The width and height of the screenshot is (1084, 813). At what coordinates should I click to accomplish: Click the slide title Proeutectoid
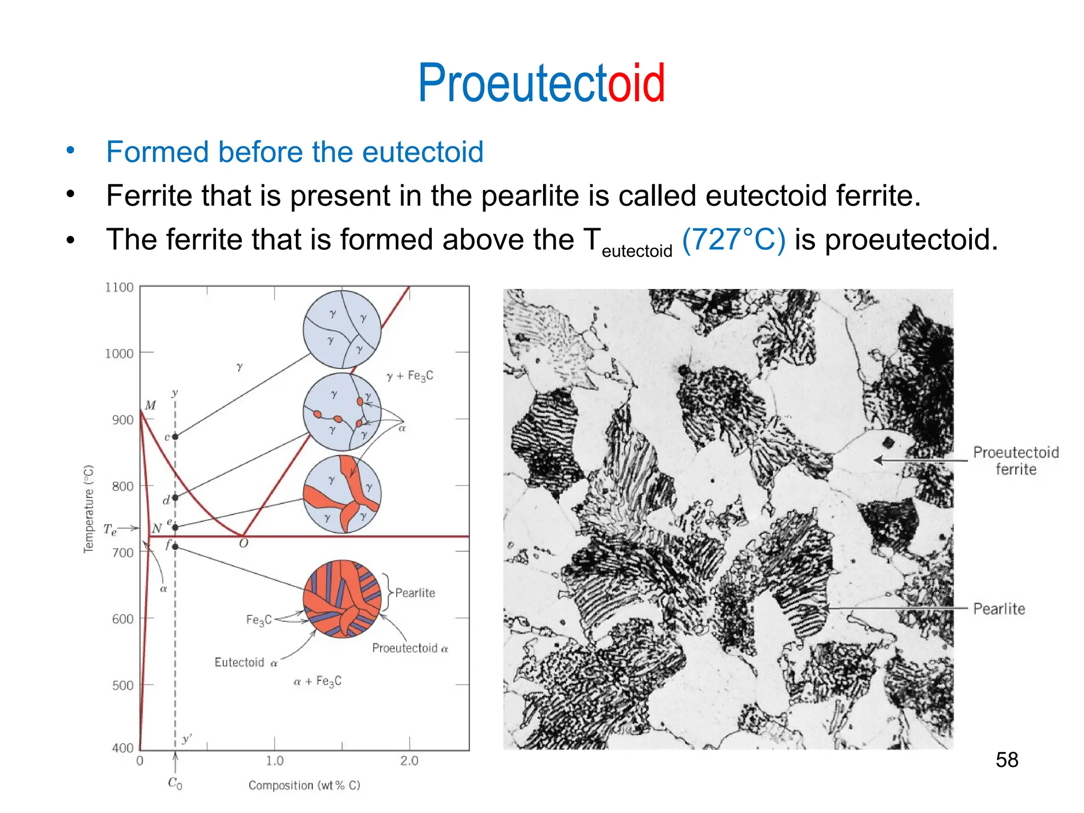(x=541, y=84)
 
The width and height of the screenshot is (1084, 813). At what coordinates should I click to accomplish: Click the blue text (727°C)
(x=733, y=239)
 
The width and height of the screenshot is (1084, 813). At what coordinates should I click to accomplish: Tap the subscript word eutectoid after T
(x=637, y=251)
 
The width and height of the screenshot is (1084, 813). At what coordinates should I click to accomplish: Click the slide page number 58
(x=1006, y=760)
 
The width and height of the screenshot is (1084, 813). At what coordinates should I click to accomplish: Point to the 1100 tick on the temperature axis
(x=119, y=287)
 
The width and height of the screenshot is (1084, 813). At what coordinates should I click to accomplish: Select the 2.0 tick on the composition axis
(x=409, y=761)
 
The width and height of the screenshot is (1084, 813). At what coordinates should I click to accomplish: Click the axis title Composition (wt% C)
(x=304, y=785)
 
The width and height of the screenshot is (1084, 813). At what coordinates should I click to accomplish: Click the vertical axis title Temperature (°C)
(x=88, y=509)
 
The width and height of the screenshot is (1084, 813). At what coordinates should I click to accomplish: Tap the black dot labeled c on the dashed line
(x=175, y=437)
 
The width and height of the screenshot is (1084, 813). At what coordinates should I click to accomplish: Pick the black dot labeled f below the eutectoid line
(x=175, y=547)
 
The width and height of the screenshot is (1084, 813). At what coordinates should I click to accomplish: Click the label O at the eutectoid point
(x=243, y=544)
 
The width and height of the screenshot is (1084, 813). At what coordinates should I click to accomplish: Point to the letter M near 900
(x=150, y=405)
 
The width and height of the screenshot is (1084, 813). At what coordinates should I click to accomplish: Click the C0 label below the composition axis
(x=175, y=783)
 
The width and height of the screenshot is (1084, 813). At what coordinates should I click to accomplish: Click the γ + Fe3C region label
(x=410, y=376)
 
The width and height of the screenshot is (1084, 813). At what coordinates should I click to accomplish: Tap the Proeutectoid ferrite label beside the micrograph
(x=1015, y=460)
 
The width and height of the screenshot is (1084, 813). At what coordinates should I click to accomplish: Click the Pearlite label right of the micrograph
(x=999, y=609)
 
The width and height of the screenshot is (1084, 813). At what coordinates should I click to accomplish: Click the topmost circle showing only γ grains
(x=342, y=329)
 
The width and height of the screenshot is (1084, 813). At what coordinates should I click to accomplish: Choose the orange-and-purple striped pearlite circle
(x=342, y=599)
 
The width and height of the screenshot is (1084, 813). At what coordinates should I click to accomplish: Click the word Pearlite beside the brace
(x=415, y=593)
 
